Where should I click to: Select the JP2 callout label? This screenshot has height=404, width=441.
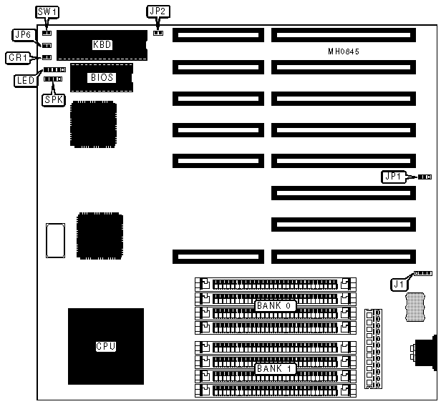157,11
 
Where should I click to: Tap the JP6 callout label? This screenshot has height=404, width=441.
21,34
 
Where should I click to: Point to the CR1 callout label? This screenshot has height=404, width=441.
19,56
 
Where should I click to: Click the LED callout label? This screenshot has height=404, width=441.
24,80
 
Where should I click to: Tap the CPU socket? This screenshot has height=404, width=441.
105,346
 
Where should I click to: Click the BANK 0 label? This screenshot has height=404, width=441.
274,305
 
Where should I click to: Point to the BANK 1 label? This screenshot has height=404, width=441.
274,368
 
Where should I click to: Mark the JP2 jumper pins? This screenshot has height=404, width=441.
158,31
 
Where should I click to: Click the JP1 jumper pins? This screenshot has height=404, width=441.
424,176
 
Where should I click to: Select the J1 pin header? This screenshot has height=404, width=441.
423,273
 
